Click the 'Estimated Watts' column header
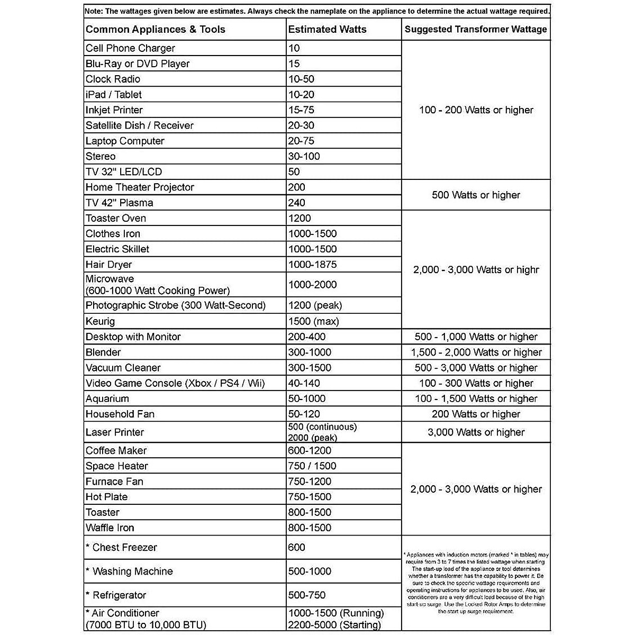(x=328, y=30)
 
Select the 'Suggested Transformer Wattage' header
(x=476, y=30)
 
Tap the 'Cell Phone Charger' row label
(x=130, y=48)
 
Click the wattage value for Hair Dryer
(x=312, y=265)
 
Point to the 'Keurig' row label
(x=100, y=321)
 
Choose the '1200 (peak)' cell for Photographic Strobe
(x=315, y=305)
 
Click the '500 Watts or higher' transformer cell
(x=476, y=195)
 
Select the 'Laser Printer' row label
(x=115, y=432)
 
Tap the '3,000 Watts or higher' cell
(x=476, y=432)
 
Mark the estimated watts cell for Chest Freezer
(x=297, y=547)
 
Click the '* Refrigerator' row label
(x=116, y=595)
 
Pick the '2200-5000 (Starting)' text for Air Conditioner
(x=334, y=625)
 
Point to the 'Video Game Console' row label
(x=175, y=383)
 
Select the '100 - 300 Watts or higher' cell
(x=476, y=383)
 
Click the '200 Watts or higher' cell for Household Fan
(x=476, y=414)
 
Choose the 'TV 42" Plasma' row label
(x=120, y=203)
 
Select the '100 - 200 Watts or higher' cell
(x=476, y=110)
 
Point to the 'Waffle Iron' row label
(x=110, y=528)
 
